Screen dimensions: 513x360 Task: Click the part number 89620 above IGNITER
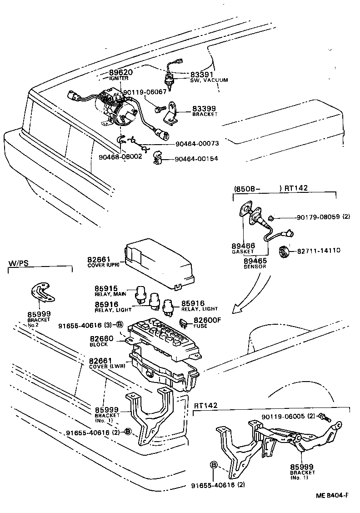coord(120,72)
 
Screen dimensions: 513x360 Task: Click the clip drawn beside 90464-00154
coord(157,157)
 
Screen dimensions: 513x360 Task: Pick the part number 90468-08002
coord(120,156)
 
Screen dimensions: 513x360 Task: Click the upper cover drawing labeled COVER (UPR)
coord(159,264)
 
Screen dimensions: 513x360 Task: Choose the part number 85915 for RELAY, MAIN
coord(106,288)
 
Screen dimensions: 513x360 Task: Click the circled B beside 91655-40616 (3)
coord(120,325)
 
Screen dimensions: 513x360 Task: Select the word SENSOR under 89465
coord(255,267)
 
